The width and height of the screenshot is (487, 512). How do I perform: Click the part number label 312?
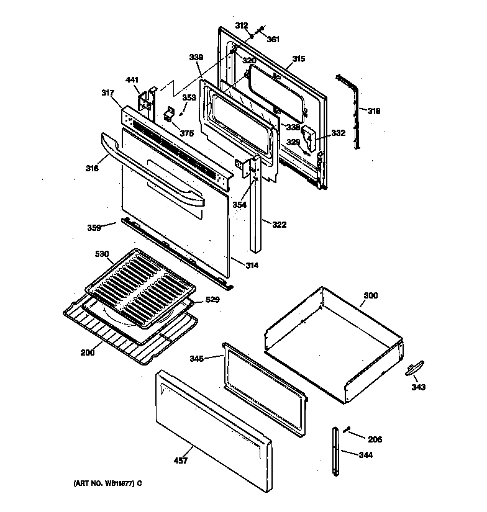[242, 26]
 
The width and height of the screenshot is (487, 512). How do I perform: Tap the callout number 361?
[273, 39]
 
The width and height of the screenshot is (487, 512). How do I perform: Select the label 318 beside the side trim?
[373, 112]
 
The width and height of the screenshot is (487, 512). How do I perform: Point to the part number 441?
[132, 80]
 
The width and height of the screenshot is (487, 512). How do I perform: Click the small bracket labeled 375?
[168, 115]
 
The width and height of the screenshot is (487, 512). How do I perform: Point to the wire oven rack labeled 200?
[124, 338]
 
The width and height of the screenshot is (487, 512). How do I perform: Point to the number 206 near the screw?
[375, 439]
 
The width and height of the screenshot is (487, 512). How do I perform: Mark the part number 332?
[339, 133]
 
